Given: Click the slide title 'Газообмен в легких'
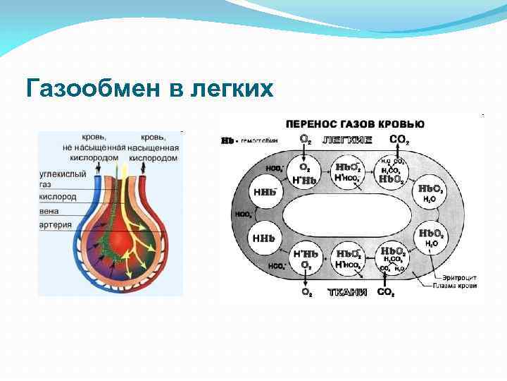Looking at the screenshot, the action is (x=149, y=89).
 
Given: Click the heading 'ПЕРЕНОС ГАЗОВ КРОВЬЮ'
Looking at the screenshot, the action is (x=354, y=125).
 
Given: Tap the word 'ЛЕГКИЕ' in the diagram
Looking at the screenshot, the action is (x=347, y=140).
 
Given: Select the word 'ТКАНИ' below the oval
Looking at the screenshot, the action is (x=347, y=291).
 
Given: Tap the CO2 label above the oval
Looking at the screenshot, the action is (x=399, y=140).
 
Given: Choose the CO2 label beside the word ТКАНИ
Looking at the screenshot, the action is (x=386, y=291).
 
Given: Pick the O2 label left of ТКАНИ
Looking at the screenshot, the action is (x=304, y=291).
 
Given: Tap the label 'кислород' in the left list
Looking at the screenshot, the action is (x=58, y=198).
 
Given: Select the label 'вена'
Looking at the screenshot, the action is (x=50, y=211).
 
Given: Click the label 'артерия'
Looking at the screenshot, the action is (x=56, y=225).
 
